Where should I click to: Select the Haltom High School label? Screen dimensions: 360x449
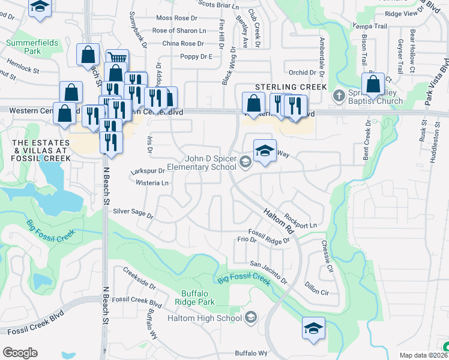pos(204,318)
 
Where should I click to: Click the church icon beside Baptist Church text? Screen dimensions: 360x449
pos(339,94)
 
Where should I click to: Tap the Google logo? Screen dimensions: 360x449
pos(20,353)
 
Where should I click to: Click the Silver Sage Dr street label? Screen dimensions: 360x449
pos(133,212)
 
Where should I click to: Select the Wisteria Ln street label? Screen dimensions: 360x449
pos(152,182)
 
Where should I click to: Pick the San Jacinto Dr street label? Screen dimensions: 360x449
pos(269,272)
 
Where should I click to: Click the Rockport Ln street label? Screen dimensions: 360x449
pos(300,221)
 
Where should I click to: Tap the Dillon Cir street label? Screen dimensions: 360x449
pos(317,288)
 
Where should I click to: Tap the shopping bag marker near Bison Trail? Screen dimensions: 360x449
pos(373,84)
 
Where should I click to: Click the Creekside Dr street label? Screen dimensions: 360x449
pos(135,281)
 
